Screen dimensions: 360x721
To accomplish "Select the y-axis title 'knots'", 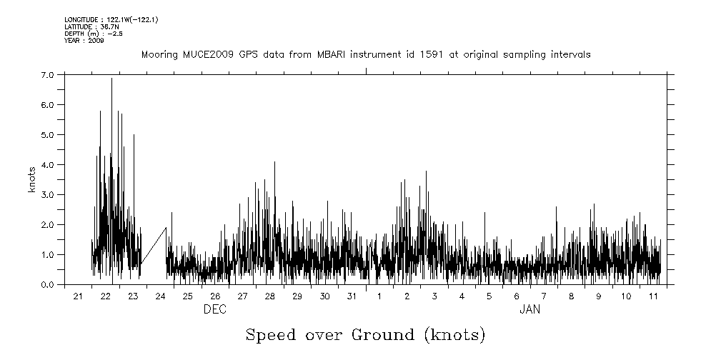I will click(32, 179).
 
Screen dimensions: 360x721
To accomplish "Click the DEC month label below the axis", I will click(215, 309).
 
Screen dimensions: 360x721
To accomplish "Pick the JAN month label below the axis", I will click(529, 309).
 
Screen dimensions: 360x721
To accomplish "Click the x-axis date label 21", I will click(79, 296).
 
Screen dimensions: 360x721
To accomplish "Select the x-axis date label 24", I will click(161, 296).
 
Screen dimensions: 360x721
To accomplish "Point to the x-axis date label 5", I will click(489, 296).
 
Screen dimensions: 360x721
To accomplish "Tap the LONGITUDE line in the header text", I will click(111, 19).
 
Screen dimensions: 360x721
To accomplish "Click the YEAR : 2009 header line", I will click(84, 41).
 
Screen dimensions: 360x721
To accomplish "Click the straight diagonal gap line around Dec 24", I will click(153, 246).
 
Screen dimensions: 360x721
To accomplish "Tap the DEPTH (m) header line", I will click(89, 34).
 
